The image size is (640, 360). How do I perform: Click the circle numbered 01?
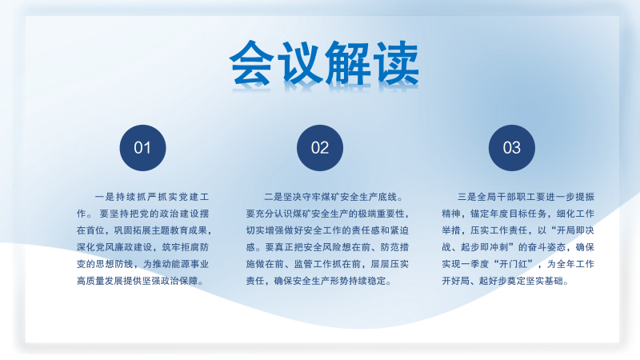(x=142, y=148)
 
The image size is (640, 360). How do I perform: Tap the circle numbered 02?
(x=320, y=148)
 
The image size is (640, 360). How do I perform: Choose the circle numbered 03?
(x=511, y=148)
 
